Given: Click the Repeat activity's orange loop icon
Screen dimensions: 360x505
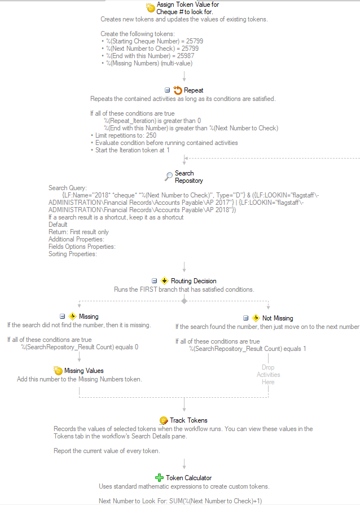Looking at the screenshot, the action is (177, 90).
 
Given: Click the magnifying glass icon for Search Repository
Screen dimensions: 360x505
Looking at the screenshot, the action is (169, 177).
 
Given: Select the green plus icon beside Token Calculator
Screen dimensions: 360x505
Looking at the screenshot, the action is (159, 477).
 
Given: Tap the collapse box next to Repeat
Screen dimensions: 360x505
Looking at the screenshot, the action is (167, 90).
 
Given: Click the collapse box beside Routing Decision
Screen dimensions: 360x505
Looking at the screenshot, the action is (154, 281).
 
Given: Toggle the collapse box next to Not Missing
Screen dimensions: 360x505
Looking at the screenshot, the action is (245, 318).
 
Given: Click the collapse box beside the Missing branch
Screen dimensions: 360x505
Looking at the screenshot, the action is (63, 317).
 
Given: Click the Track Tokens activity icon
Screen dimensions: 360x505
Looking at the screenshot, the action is (164, 420).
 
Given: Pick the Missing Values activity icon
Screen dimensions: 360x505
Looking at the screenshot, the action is (58, 371).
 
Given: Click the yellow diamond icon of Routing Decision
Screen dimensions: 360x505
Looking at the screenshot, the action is (164, 281).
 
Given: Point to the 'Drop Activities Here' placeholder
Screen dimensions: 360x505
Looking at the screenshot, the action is (268, 375).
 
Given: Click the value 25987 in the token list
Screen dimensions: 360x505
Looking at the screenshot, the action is (186, 56).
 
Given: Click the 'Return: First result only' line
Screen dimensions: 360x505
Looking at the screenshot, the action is (78, 232).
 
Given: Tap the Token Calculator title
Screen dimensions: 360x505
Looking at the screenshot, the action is (188, 478).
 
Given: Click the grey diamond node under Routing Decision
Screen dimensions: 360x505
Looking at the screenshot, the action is (184, 301).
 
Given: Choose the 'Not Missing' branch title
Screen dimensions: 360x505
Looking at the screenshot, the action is (278, 318).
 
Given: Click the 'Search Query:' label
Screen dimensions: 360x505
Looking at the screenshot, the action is (68, 188).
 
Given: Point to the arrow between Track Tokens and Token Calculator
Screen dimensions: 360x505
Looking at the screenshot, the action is (184, 464).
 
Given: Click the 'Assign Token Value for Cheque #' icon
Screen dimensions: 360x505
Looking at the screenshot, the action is (150, 8).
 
